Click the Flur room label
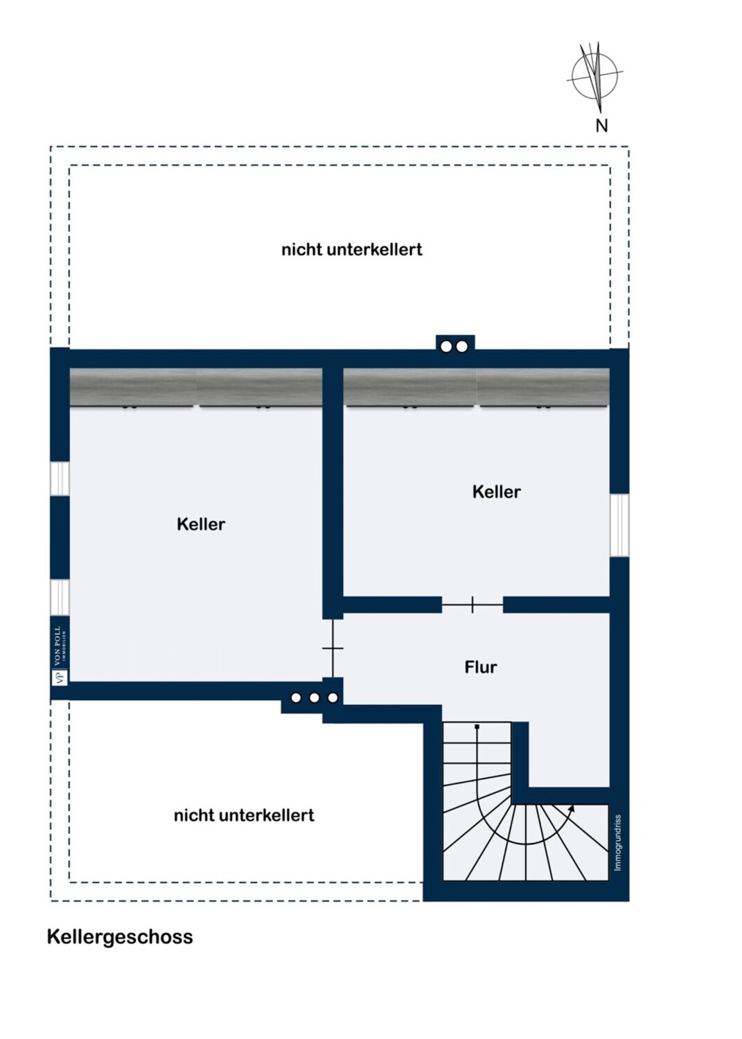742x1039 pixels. pyautogui.click(x=480, y=668)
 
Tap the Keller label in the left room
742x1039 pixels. pyautogui.click(x=201, y=524)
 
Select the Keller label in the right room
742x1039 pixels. pyautogui.click(x=497, y=492)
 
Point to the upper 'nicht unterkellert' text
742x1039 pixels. pyautogui.click(x=352, y=249)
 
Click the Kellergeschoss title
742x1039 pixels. pyautogui.click(x=120, y=937)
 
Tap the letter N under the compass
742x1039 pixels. pyautogui.click(x=601, y=125)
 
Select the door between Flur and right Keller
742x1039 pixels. pyautogui.click(x=472, y=605)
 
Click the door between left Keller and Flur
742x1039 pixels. pyautogui.click(x=333, y=648)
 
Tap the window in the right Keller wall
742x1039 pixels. pyautogui.click(x=619, y=525)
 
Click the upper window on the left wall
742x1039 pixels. pyautogui.click(x=60, y=479)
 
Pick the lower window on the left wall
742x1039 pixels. pyautogui.click(x=60, y=597)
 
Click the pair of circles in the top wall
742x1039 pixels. pyautogui.click(x=454, y=346)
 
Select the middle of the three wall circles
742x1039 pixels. pyautogui.click(x=314, y=698)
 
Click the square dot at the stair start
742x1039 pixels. pyautogui.click(x=477, y=727)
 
